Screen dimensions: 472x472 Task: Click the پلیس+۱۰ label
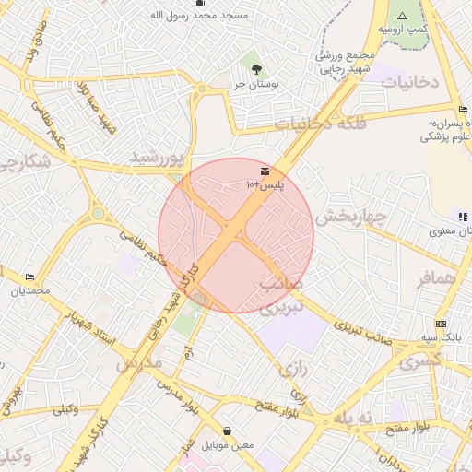(265, 185)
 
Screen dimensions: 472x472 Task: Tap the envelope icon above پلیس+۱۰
(265, 171)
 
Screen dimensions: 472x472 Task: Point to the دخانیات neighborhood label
(407, 82)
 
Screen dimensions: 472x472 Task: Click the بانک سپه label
(441, 338)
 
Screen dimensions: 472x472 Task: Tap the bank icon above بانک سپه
(441, 324)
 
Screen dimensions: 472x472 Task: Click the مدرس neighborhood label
(138, 362)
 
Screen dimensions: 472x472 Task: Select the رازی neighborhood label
(293, 369)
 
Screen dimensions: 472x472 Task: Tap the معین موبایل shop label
(228, 445)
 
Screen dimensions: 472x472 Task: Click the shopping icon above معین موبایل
(228, 431)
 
